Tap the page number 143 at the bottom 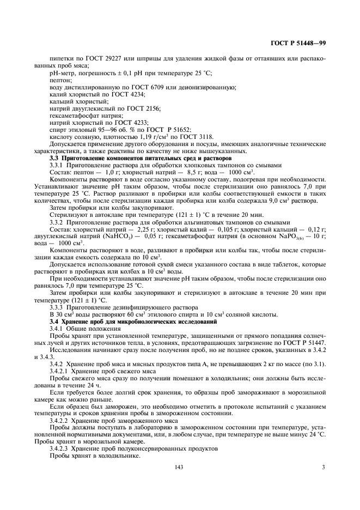(178, 467)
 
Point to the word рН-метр (61, 72)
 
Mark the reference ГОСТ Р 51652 (169, 130)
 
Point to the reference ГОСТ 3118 (195, 137)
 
